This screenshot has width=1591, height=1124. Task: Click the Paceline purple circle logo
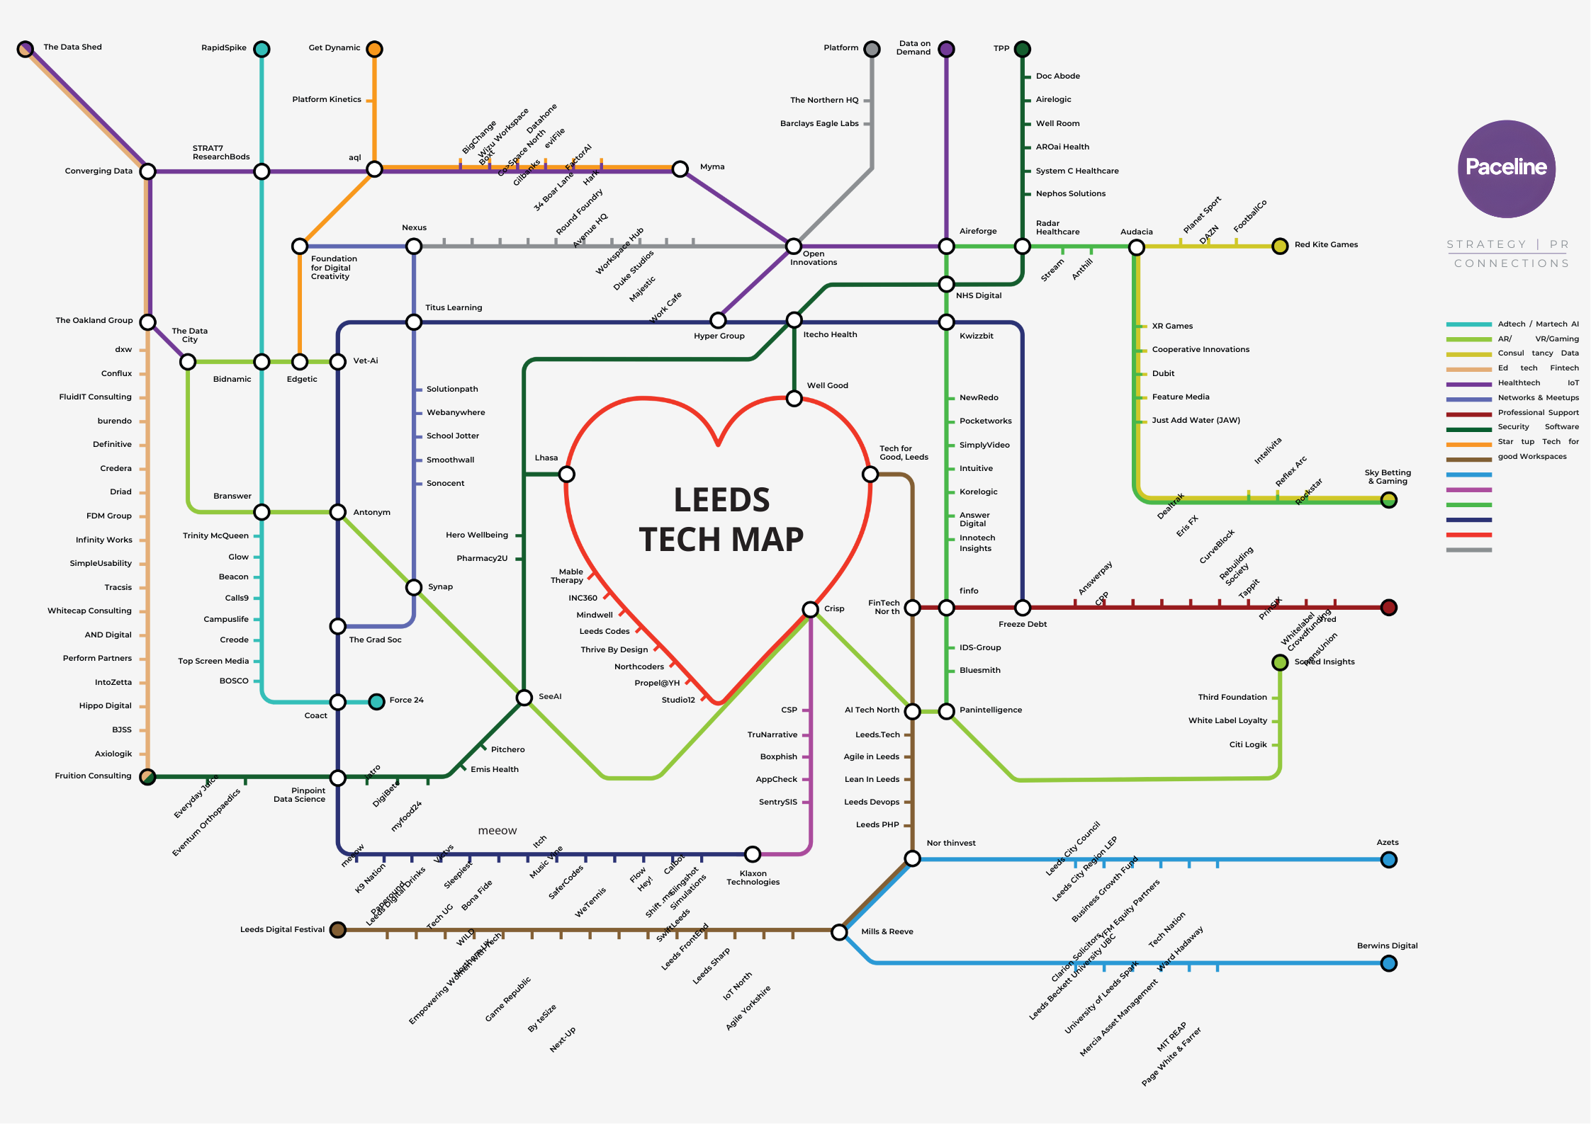[x=1506, y=169]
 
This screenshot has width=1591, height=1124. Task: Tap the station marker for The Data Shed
[x=26, y=49]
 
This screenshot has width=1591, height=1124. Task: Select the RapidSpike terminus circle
[x=262, y=49]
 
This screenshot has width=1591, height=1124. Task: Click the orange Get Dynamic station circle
[x=374, y=49]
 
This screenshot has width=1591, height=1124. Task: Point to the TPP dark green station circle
[x=1022, y=49]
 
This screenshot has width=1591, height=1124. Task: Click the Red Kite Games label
[x=1326, y=245]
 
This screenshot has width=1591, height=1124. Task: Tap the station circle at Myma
[x=680, y=169]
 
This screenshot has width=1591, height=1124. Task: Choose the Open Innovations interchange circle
[x=794, y=246]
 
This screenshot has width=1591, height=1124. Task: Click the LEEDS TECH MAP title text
[x=721, y=519]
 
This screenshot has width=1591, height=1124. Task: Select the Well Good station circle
[x=794, y=399]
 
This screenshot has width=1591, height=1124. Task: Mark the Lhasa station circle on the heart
[x=566, y=474]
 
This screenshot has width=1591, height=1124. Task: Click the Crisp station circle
[x=810, y=609]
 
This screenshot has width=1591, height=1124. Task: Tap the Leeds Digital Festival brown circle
[x=338, y=929]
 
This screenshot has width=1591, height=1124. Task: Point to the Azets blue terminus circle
[x=1388, y=860]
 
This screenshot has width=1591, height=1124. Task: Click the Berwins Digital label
[x=1387, y=946]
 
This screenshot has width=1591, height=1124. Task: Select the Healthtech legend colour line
[x=1468, y=384]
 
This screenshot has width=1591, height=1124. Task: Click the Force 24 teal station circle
[x=376, y=701]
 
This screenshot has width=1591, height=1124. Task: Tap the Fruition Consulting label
[x=93, y=776]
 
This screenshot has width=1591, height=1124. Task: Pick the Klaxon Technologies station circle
[x=752, y=854]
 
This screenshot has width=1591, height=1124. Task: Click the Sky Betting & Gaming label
[x=1387, y=477]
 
